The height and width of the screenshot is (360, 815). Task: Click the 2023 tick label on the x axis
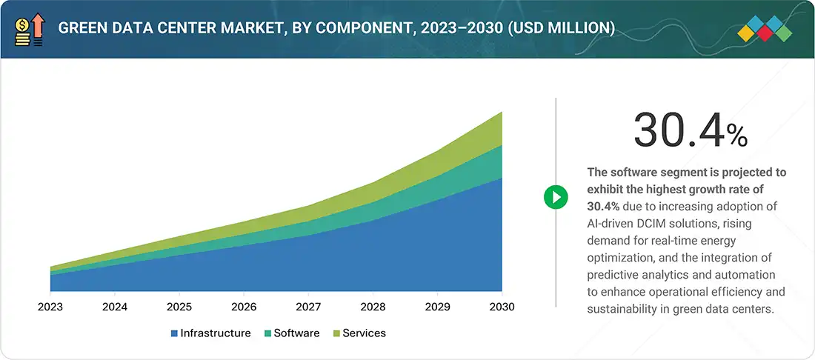(50, 307)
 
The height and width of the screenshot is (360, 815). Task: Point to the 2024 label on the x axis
(114, 307)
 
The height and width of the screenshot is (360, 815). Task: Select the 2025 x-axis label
(179, 307)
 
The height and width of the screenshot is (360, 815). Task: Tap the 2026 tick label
(244, 307)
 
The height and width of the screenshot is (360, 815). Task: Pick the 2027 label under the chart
(308, 307)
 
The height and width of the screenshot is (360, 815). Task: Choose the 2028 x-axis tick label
(373, 307)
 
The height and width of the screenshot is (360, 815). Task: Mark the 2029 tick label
(438, 307)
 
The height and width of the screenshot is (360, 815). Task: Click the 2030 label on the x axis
(502, 307)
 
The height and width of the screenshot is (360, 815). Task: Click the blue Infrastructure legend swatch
(174, 333)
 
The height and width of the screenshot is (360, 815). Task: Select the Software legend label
(296, 333)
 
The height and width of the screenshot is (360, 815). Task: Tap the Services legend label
(364, 333)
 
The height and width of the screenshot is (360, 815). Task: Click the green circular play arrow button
(556, 197)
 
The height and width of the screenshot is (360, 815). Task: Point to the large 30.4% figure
(690, 130)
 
